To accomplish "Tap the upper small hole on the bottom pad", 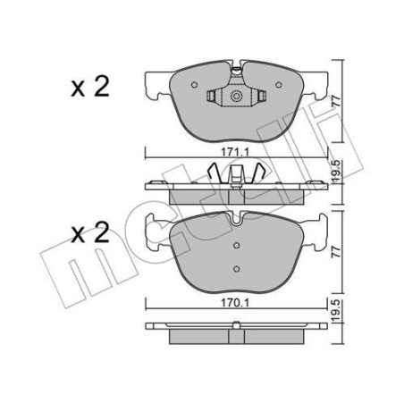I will pos(236,247).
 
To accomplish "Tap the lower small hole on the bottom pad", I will pos(236,267).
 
